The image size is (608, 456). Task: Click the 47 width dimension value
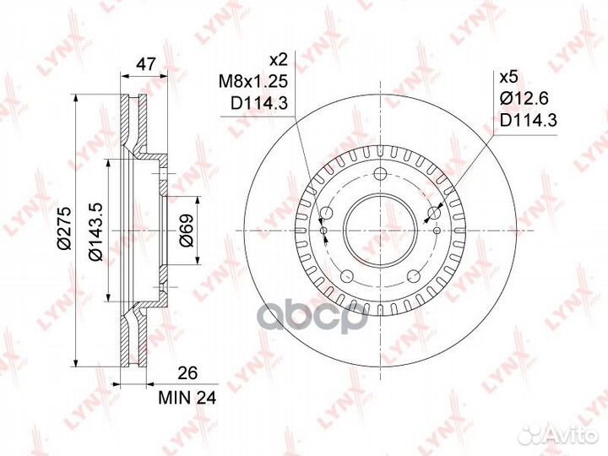pos(144,64)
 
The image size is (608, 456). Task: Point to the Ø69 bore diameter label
pos(187,231)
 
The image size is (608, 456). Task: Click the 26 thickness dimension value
pos(187,373)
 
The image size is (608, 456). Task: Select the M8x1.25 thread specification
pos(253,82)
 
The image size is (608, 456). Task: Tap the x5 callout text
pos(508,77)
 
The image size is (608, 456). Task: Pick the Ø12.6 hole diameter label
pos(524,99)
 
